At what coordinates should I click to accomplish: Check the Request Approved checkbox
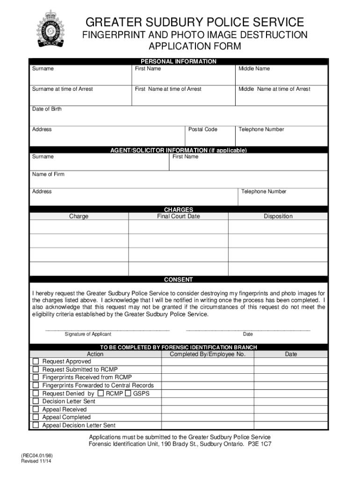36,362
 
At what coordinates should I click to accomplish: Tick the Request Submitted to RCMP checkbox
36,370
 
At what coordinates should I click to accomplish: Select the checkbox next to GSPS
129,393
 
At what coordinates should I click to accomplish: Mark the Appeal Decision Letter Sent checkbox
36,425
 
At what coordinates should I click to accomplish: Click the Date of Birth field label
47,109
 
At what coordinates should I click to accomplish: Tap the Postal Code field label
202,130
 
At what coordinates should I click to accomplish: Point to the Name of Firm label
48,174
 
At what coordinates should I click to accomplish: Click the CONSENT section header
178,280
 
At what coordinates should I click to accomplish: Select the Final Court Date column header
178,217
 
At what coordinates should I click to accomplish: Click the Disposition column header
278,217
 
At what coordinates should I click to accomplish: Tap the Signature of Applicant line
107,330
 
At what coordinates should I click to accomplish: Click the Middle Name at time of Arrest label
274,89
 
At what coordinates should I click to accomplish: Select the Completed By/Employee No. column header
207,354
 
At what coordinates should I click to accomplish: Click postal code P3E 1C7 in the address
259,444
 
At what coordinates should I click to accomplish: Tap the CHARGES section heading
178,210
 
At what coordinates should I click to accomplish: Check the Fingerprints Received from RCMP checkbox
36,377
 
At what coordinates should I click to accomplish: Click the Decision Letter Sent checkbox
36,401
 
